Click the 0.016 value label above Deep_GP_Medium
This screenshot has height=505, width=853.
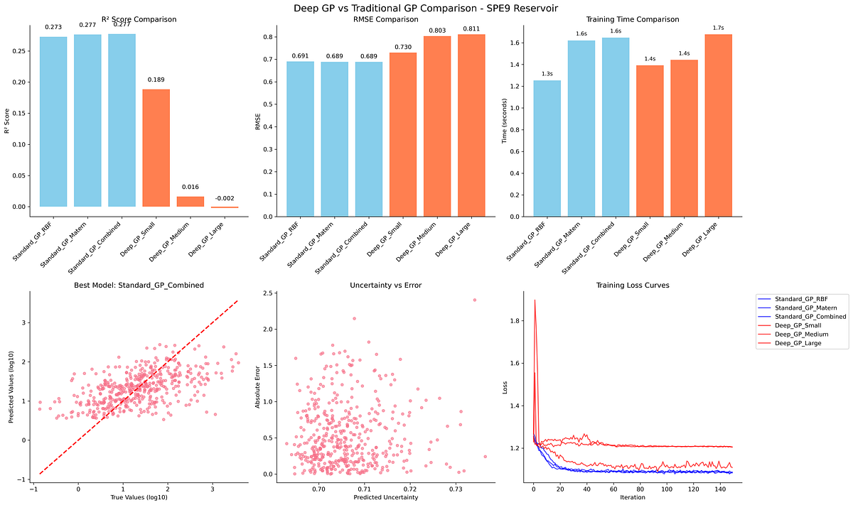[190, 187]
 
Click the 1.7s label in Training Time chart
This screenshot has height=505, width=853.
[718, 28]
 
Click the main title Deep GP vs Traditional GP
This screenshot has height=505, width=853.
[426, 8]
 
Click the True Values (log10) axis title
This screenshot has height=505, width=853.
[139, 497]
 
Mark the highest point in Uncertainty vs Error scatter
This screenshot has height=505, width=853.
[474, 300]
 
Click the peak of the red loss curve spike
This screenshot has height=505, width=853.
[535, 300]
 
